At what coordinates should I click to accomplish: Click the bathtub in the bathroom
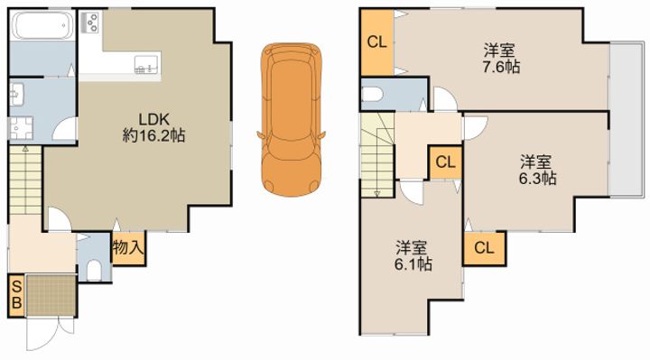click(40, 26)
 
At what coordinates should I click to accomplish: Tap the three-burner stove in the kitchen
click(91, 24)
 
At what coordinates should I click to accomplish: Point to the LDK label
click(153, 118)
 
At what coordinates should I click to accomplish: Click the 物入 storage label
click(127, 245)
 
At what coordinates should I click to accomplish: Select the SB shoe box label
click(14, 295)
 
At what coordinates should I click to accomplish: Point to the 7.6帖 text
click(499, 66)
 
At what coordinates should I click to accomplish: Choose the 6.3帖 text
click(535, 179)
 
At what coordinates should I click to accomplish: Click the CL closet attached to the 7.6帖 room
click(376, 42)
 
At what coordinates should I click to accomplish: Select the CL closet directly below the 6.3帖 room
click(483, 248)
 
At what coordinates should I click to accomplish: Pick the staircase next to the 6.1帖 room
click(377, 152)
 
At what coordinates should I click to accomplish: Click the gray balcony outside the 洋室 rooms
click(625, 118)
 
